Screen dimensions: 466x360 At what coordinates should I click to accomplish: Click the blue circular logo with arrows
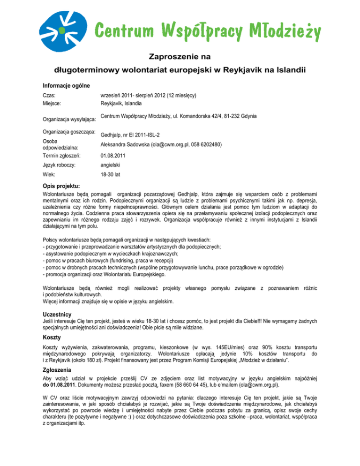[64, 27]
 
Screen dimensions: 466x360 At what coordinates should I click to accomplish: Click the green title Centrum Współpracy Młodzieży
[208, 31]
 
